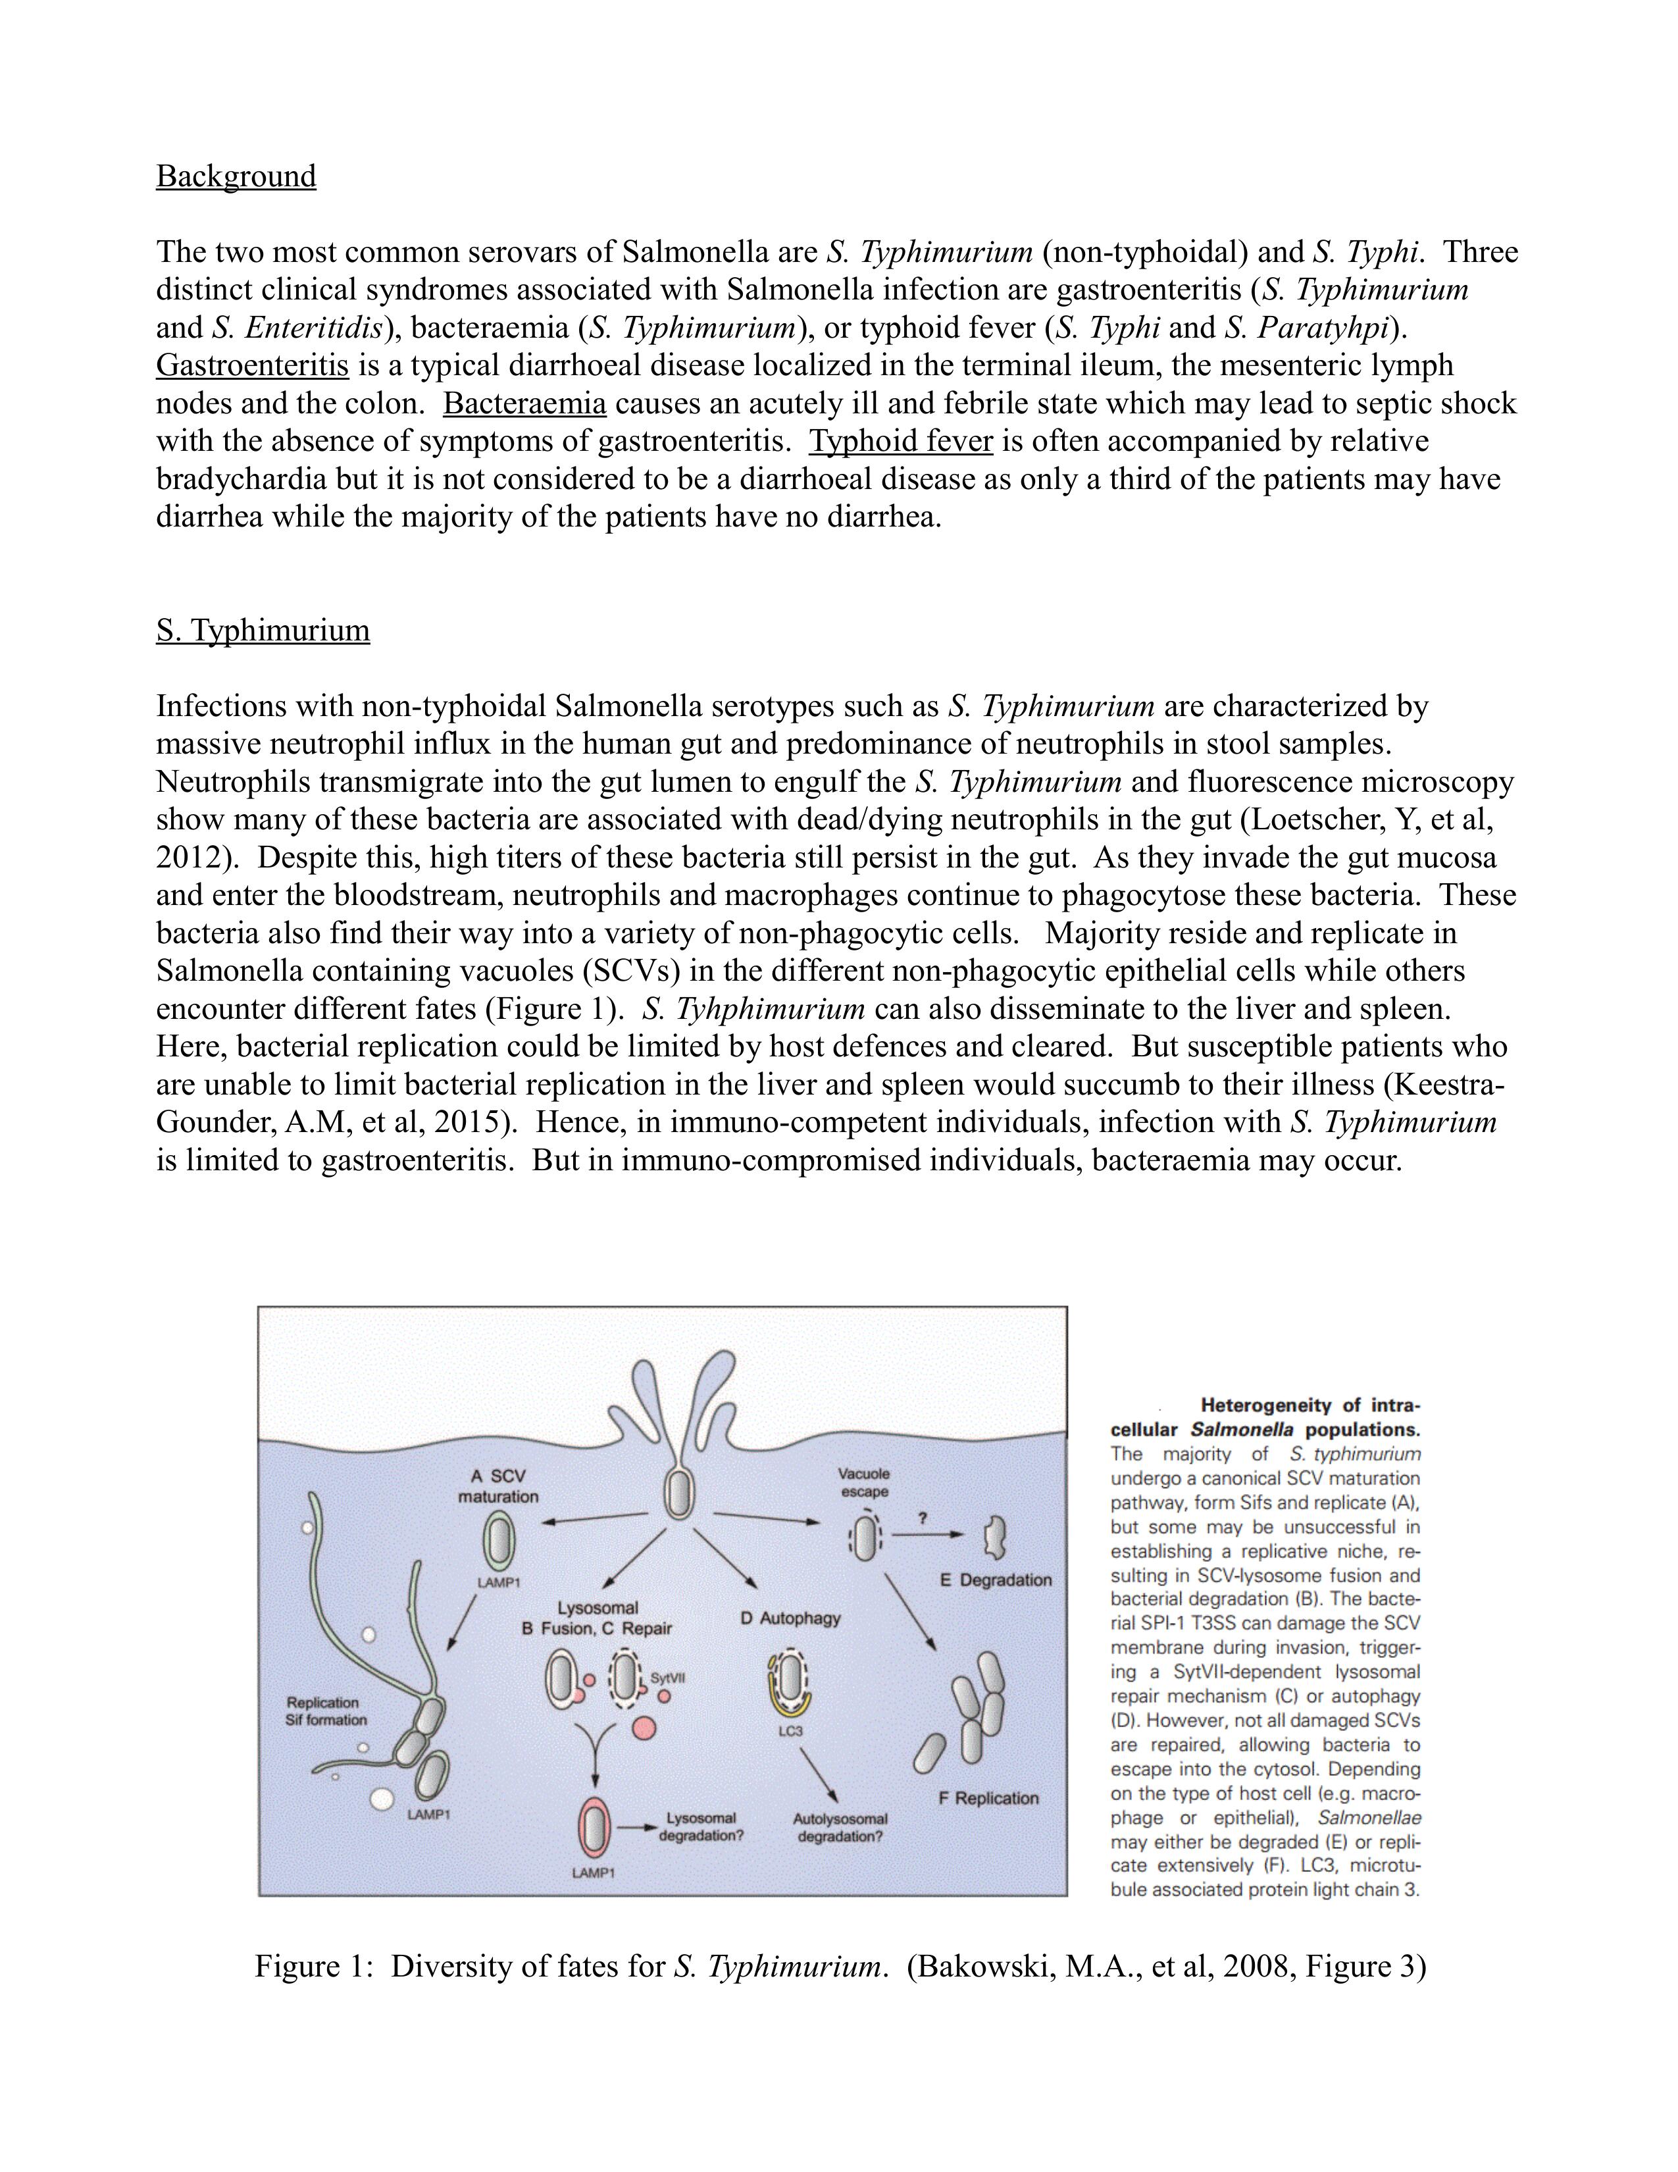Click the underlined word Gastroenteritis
click(253, 366)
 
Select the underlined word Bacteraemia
click(525, 403)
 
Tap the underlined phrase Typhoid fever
click(901, 442)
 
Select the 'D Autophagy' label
click(790, 1618)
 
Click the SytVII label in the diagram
click(668, 1677)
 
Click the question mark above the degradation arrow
click(923, 1518)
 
